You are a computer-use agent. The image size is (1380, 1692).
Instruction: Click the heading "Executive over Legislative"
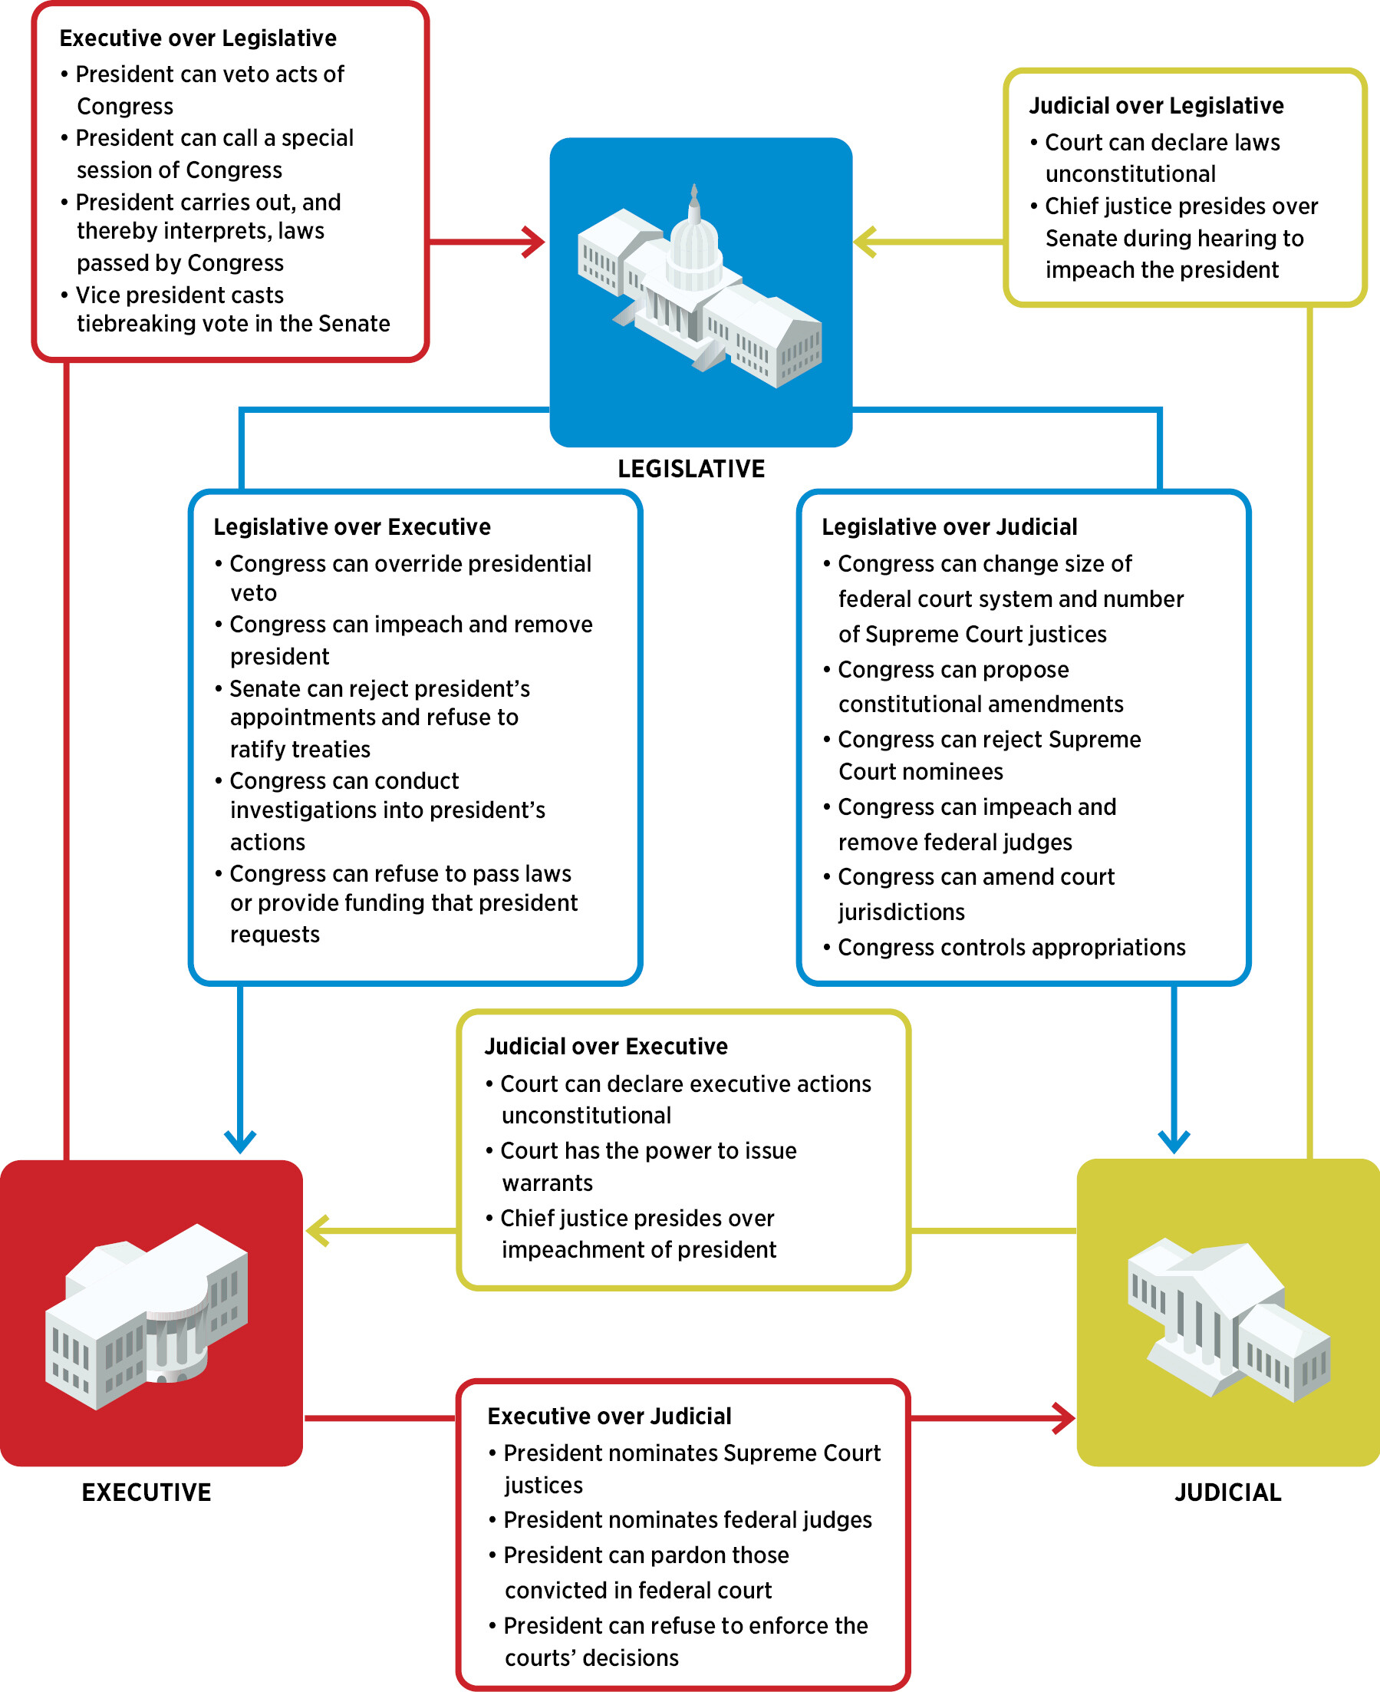pos(198,38)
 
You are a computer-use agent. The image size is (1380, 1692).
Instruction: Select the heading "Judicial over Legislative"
pos(1156,106)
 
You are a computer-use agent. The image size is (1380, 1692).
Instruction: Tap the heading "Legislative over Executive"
pos(352,527)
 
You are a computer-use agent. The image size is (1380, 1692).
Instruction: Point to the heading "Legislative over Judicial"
pos(949,527)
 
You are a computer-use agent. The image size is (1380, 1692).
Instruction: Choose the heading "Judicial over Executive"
pos(606,1047)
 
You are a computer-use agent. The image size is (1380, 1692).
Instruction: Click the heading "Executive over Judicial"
pos(609,1416)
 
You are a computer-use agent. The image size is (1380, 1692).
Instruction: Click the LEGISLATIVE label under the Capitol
pos(691,469)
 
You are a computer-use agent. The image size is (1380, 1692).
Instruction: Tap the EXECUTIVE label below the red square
pos(147,1492)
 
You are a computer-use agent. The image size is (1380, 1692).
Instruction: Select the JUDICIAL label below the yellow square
pos(1227,1492)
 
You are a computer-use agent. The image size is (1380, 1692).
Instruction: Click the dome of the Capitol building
pos(695,239)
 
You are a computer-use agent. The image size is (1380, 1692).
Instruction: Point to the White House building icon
pos(147,1316)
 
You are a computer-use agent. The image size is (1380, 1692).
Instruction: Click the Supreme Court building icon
pos(1227,1320)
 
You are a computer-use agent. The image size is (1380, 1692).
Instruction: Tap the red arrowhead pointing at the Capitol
pos(535,242)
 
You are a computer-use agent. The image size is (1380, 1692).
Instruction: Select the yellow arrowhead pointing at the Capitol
pos(865,242)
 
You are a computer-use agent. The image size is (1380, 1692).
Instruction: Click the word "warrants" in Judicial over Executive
pos(547,1183)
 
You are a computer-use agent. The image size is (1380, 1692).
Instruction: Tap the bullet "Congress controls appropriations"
pos(1010,947)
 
